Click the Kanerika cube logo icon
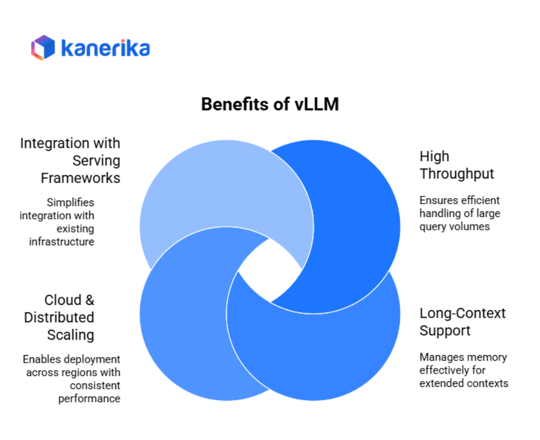click(43, 47)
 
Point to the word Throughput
click(457, 174)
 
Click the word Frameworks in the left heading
click(81, 178)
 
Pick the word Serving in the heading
click(96, 161)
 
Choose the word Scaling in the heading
click(70, 334)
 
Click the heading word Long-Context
click(462, 313)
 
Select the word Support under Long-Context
click(445, 331)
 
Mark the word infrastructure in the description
click(62, 241)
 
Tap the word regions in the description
click(81, 372)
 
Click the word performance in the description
click(89, 398)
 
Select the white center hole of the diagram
click(269, 270)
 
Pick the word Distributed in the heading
click(59, 317)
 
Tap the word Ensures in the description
click(438, 200)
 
